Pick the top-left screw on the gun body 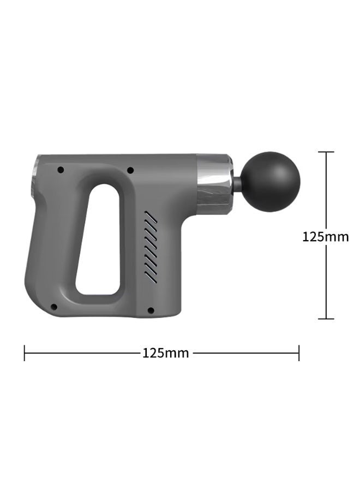tap(61, 170)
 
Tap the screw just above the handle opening tap(130, 170)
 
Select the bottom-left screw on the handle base tap(53, 308)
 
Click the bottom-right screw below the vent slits tap(151, 310)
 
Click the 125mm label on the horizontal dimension tap(166, 353)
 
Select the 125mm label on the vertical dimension tap(326, 237)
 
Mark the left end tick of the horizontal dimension tap(25, 353)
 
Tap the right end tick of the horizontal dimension tap(299, 353)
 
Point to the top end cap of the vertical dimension tap(326, 152)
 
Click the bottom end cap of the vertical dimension tap(326, 319)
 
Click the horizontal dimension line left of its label tap(82, 353)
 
